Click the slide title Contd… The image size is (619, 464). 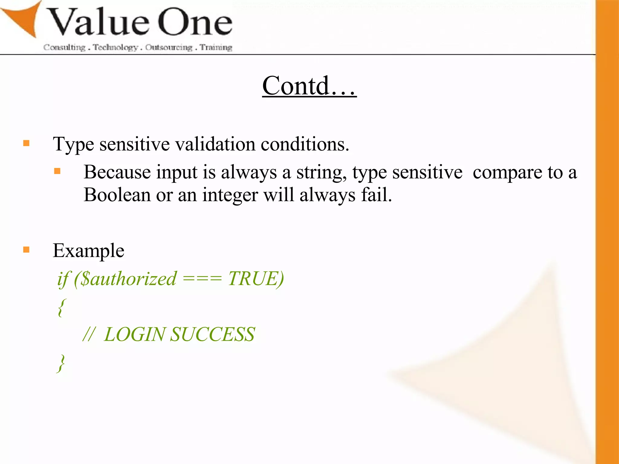point(309,86)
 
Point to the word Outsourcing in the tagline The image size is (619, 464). point(169,47)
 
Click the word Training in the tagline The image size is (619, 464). point(216,47)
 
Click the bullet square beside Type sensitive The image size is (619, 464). point(26,143)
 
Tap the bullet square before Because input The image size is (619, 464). point(57,172)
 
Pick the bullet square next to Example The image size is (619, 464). point(26,250)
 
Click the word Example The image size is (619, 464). point(89,250)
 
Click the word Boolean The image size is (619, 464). point(117,195)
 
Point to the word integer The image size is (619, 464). point(230,195)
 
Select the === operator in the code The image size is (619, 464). point(202,279)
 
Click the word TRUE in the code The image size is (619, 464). point(253,279)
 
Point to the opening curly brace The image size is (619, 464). point(61,308)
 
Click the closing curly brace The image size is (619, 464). point(61,363)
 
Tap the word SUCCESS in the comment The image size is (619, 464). point(212,335)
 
